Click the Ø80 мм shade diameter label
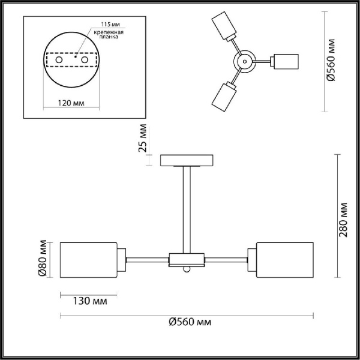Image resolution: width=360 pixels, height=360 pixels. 42,260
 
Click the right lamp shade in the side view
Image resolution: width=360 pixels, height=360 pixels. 284,259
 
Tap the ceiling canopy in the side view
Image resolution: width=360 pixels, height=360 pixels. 187,160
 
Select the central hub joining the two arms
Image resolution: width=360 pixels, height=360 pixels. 187,259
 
